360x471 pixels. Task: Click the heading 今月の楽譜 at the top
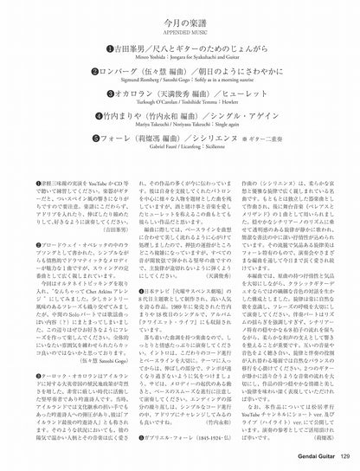(180, 16)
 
